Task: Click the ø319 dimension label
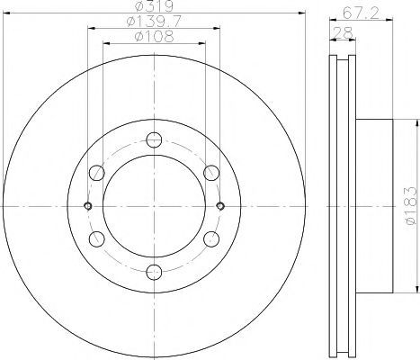coord(154,6)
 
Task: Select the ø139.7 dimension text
coord(154,22)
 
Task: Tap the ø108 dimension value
coord(154,37)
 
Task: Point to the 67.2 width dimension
coord(361,13)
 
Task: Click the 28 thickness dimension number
coord(343,32)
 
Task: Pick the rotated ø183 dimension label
coord(411,206)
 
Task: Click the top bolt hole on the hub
coord(154,139)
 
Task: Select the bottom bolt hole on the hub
coord(154,272)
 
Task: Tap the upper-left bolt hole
coord(97,173)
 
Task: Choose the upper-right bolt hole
coord(211,173)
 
